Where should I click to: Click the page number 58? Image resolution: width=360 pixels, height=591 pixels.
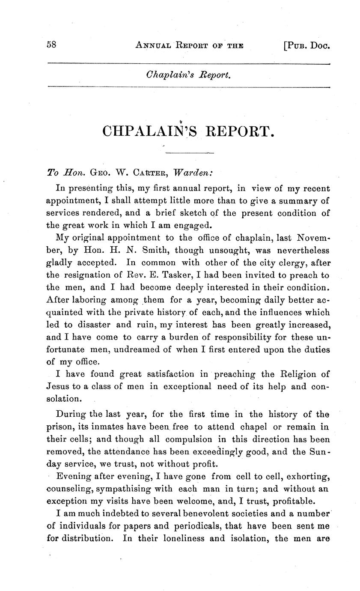click(52, 45)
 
